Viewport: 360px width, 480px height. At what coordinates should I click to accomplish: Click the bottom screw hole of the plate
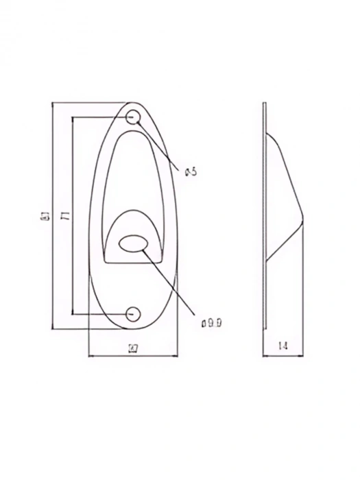pos(134,314)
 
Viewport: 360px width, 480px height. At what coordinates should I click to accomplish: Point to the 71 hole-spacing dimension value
pos(64,217)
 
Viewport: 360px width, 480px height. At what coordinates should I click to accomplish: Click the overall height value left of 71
pos(44,218)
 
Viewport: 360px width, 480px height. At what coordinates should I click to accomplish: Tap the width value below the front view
pos(134,348)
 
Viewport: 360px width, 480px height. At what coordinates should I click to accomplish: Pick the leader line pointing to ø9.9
pos(171,281)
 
